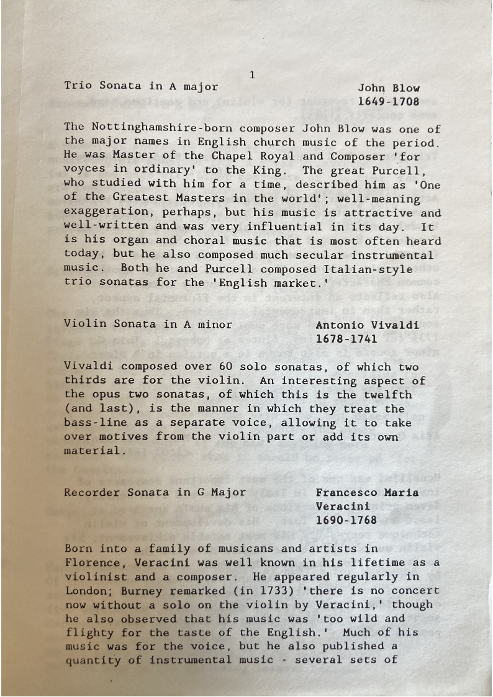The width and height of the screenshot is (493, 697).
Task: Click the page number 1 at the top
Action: pyautogui.click(x=252, y=75)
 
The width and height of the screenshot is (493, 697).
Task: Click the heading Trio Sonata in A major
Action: pyautogui.click(x=141, y=86)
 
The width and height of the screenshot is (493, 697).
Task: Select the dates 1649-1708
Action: pyautogui.click(x=389, y=101)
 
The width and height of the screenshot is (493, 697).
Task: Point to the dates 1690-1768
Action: pyautogui.click(x=346, y=520)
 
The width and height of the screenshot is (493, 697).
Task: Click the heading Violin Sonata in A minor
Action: pyautogui.click(x=148, y=324)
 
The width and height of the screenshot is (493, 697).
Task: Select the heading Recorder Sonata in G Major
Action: pyautogui.click(x=155, y=493)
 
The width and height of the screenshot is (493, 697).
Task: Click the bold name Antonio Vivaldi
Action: pyautogui.click(x=368, y=325)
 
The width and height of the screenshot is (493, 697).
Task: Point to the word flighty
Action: pyautogui.click(x=89, y=632)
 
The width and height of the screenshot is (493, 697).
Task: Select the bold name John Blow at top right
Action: pyautogui.click(x=389, y=88)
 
